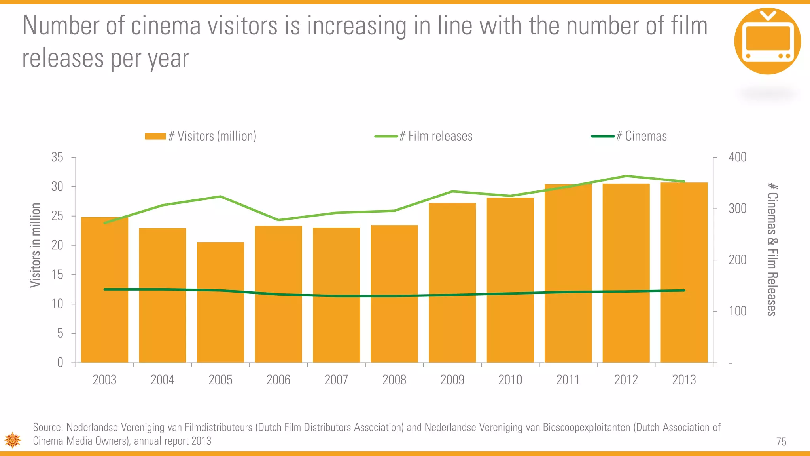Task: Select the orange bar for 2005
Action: point(220,302)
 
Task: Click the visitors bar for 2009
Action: point(452,283)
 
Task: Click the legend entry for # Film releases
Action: point(424,136)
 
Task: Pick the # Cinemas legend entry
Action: point(630,136)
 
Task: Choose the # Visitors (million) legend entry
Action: point(201,136)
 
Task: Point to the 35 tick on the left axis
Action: point(57,158)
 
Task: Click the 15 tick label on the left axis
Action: point(57,275)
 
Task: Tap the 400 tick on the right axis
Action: point(737,157)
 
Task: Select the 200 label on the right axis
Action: point(737,260)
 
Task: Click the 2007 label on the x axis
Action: point(336,380)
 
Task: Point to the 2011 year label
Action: point(568,380)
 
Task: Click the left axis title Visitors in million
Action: point(36,245)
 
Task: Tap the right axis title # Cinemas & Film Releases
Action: point(772,249)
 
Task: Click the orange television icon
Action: point(767,41)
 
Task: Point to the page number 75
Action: point(781,442)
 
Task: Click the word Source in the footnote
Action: point(48,427)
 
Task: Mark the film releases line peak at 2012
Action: point(626,176)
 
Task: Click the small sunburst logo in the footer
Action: point(13,440)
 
